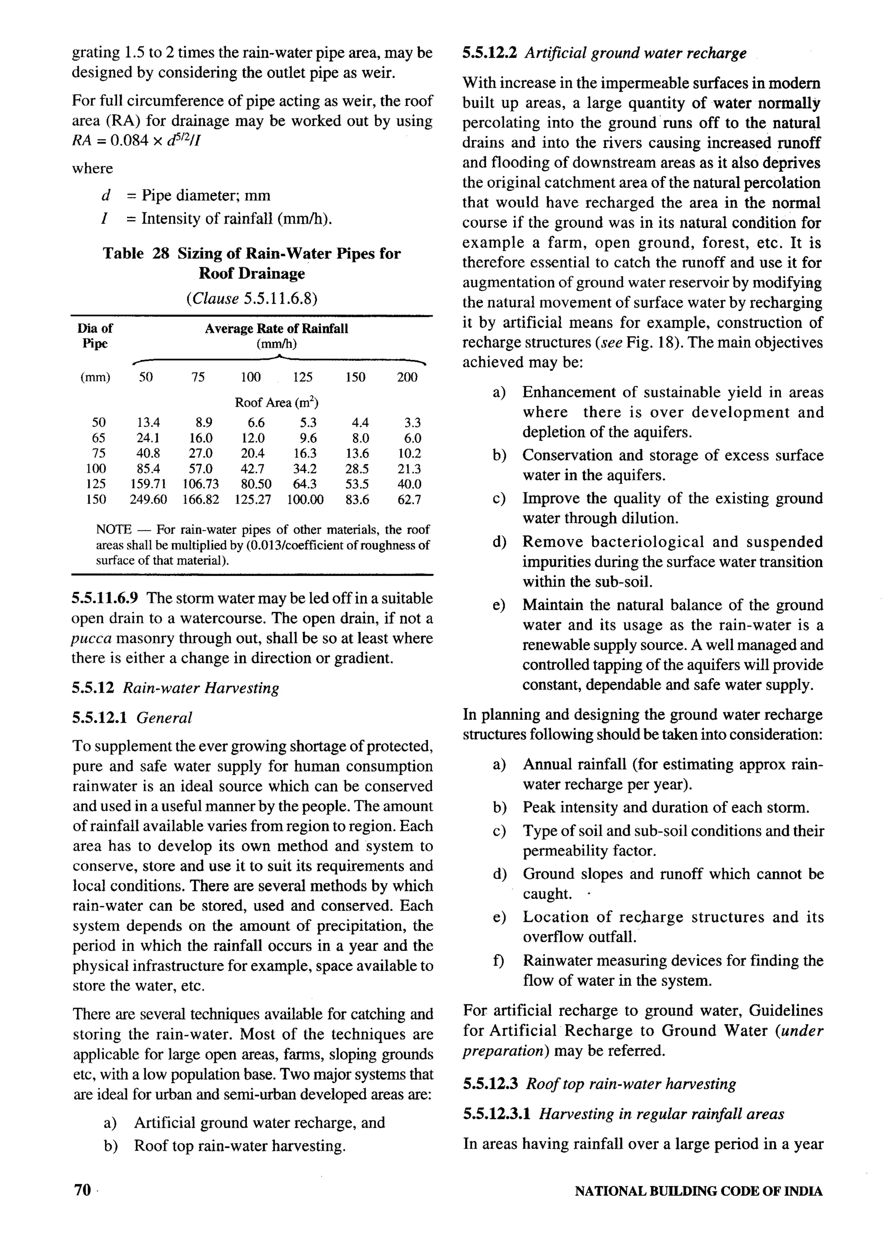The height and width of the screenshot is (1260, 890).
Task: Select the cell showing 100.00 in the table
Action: click(305, 499)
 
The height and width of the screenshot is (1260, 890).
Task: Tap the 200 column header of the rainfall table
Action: click(407, 377)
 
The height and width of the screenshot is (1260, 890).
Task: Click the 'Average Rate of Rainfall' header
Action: click(276, 329)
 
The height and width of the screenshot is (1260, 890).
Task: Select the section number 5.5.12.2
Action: click(491, 53)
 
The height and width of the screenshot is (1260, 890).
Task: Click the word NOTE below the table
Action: click(113, 529)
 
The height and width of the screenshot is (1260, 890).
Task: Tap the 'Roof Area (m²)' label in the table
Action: click(276, 402)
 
